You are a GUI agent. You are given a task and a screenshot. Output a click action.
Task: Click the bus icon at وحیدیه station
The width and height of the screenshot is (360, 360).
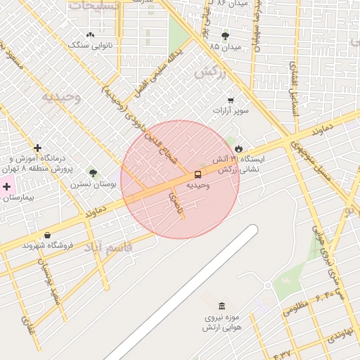point(197,174)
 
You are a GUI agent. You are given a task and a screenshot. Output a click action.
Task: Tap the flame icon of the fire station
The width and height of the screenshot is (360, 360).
point(239,149)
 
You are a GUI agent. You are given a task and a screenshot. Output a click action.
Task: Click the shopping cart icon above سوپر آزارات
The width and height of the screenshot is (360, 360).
point(231,101)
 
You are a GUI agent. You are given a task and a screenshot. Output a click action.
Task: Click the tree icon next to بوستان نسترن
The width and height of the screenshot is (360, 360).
point(93,173)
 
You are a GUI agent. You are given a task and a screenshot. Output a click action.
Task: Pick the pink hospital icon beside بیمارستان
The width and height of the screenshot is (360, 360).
point(8,187)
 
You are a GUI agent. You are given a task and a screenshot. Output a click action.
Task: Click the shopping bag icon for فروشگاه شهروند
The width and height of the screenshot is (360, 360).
point(47,235)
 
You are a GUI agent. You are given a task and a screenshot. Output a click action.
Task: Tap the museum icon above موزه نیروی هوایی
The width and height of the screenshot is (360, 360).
point(222,307)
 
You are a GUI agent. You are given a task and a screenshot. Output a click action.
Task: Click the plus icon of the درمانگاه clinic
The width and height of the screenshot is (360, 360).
point(37,148)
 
